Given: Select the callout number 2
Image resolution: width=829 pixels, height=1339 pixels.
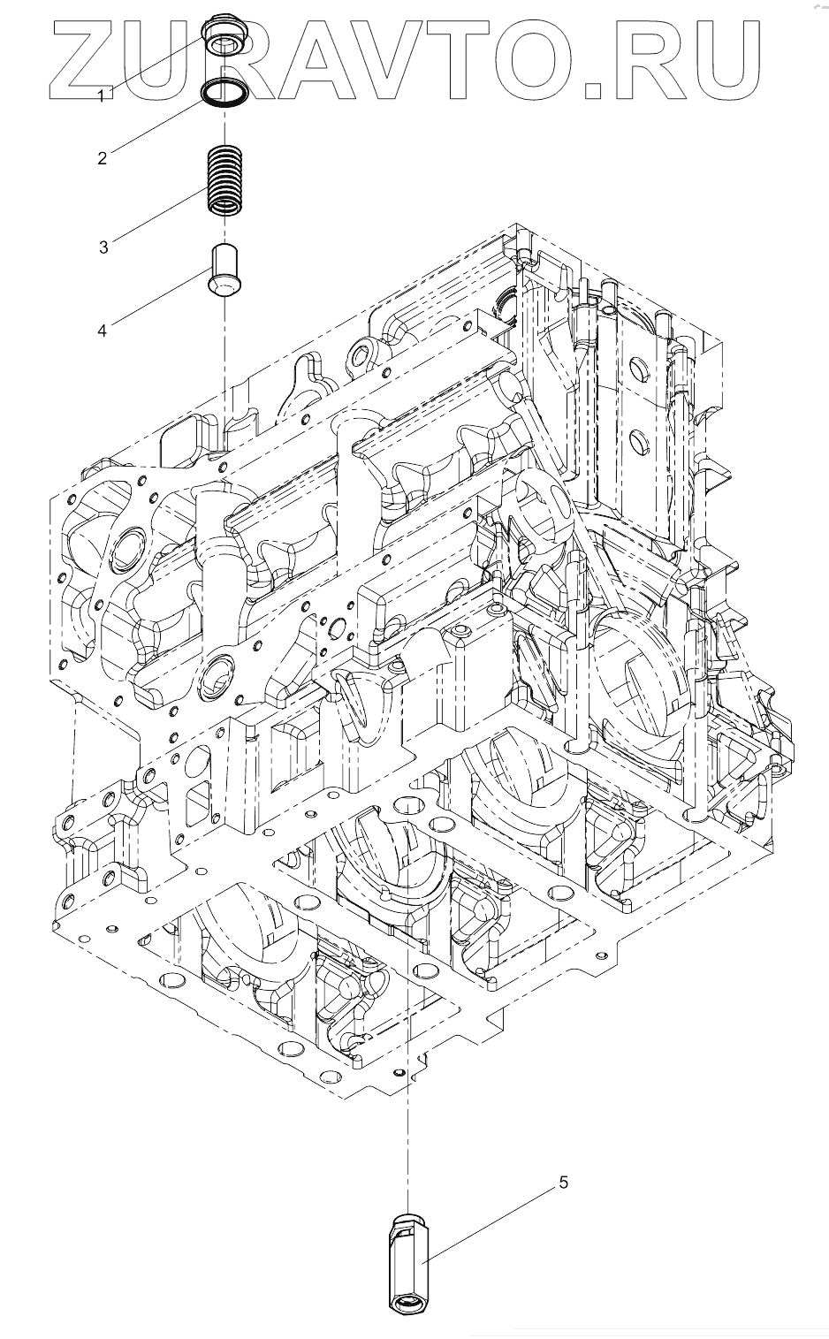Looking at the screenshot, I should coord(103,158).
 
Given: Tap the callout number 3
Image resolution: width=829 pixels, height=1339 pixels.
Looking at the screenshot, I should coord(103,247).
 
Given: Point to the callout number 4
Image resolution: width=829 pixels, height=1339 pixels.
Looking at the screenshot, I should coord(103,330).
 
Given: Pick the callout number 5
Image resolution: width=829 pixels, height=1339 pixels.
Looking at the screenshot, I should coord(563,1183).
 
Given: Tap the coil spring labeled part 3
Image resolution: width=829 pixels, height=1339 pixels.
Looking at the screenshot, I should coord(225,179).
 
